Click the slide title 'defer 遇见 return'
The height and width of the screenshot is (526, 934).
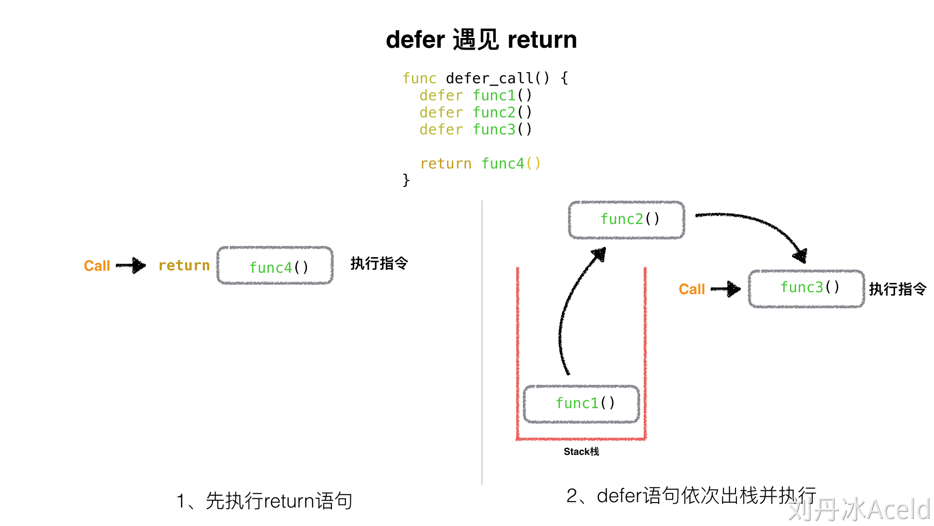[x=481, y=39]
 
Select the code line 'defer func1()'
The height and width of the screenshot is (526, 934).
[x=475, y=95]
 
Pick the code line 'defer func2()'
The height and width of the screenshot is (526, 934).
[x=475, y=113]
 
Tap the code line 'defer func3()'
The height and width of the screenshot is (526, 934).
[x=475, y=130]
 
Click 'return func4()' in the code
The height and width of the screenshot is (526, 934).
[x=480, y=164]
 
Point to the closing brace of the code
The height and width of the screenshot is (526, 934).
[x=406, y=180]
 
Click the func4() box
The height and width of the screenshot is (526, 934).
[x=275, y=266]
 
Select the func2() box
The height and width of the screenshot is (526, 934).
[x=627, y=220]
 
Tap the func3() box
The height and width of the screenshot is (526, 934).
[x=807, y=288]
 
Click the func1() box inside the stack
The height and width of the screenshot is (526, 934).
[x=582, y=404]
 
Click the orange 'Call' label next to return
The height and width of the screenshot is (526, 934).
[x=97, y=266]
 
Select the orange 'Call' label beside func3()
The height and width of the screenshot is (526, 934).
[x=691, y=289]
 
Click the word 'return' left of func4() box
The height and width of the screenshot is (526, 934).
[x=184, y=265]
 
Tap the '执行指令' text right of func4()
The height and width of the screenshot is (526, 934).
[x=379, y=263]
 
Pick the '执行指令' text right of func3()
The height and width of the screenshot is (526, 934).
[x=898, y=289]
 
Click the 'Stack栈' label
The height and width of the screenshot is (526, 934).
[x=581, y=452]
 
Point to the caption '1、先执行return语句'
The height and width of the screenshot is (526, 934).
[x=264, y=501]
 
